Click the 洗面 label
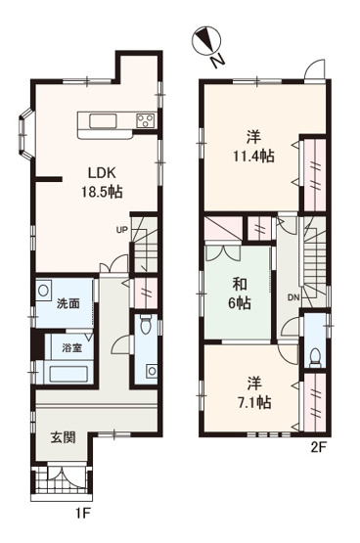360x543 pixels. click(x=67, y=305)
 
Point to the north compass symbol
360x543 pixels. click(x=207, y=43)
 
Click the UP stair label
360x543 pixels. click(x=122, y=230)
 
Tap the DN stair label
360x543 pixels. click(x=292, y=297)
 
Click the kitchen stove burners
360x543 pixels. click(x=144, y=121)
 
